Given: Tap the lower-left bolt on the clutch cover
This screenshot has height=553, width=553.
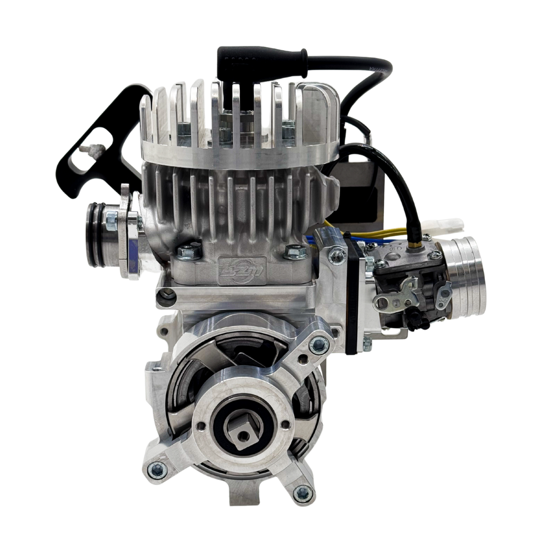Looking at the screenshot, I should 157,468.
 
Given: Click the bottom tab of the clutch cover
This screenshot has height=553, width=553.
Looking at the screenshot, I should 244,496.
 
